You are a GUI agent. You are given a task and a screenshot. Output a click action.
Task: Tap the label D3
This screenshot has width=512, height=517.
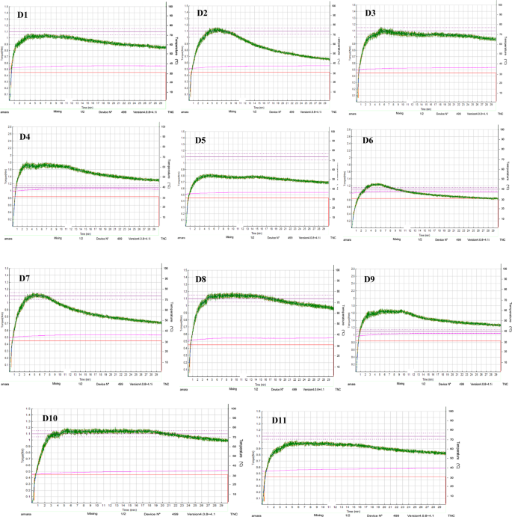click(371, 13)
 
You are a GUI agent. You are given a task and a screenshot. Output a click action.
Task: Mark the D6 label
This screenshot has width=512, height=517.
click(368, 140)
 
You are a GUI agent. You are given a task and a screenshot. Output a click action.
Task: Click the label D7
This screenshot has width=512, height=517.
click(24, 278)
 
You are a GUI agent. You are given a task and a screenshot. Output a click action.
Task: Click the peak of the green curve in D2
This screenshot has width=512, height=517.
click(217, 29)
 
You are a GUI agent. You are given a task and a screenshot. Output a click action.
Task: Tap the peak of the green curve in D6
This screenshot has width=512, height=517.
click(377, 183)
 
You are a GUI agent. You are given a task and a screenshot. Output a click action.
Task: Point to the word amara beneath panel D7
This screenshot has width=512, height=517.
click(5, 384)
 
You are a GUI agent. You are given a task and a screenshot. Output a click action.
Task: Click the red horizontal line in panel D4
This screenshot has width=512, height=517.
click(82, 196)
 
